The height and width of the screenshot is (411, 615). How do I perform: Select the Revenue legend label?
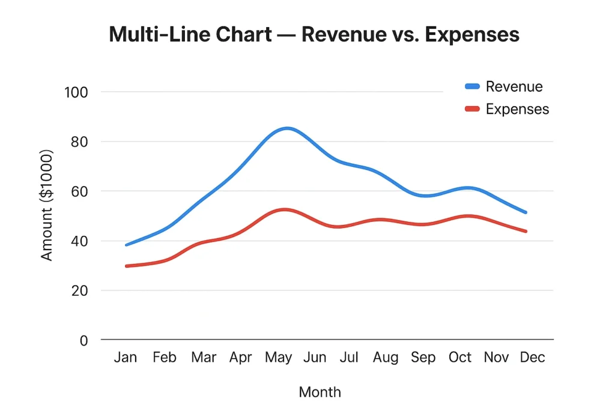[514, 86]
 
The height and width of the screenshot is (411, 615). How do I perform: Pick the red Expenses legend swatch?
[473, 109]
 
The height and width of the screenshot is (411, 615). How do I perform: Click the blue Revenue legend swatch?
[473, 86]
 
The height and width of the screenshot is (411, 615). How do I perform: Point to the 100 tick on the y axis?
[77, 92]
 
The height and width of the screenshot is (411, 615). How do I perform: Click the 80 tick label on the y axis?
[79, 142]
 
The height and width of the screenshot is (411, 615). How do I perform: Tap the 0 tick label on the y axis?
[84, 340]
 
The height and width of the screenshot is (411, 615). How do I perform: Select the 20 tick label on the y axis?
[79, 290]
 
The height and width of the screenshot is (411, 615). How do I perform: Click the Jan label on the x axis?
[126, 358]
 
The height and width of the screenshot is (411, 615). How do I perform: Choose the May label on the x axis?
[278, 358]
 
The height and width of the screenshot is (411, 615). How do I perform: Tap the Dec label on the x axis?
[533, 358]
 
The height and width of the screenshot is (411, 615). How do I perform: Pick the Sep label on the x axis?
[423, 358]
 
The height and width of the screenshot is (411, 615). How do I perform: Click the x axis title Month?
[320, 392]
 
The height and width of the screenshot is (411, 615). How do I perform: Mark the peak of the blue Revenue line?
[288, 128]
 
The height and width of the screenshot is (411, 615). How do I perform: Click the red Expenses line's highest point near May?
[284, 209]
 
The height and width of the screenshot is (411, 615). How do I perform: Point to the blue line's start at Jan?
[126, 245]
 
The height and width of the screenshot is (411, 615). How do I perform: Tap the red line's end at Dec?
[526, 231]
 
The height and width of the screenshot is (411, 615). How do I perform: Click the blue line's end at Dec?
[526, 212]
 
